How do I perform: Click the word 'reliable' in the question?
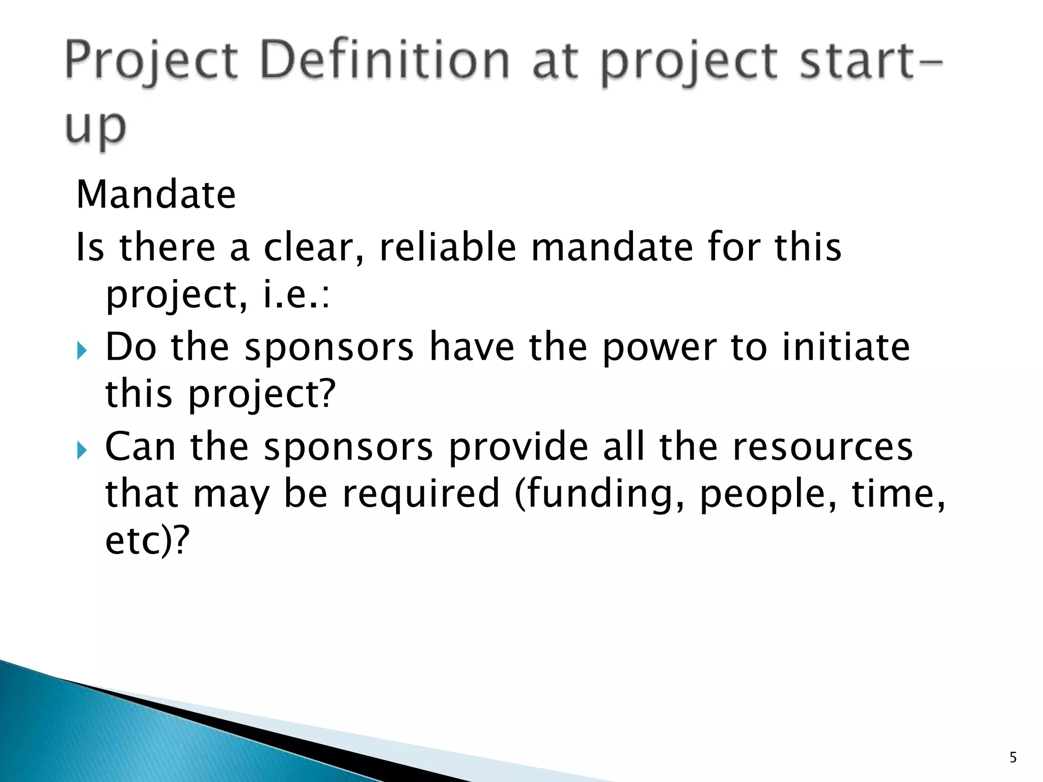448,247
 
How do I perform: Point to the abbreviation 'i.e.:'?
296,295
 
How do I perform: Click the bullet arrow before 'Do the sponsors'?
82,351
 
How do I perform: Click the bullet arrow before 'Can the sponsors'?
82,450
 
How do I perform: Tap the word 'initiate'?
846,347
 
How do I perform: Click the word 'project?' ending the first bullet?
262,395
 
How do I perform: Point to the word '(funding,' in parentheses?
599,494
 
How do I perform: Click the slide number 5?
1013,758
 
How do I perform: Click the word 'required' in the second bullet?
421,494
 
